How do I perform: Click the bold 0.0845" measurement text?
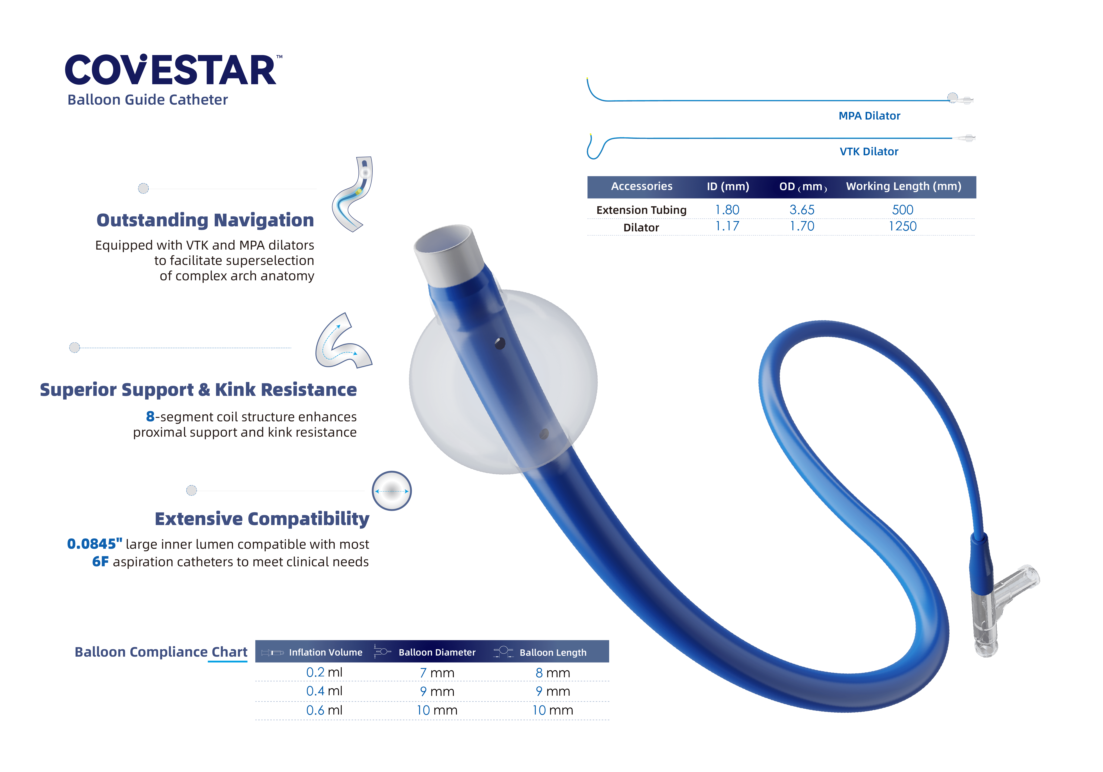pos(95,544)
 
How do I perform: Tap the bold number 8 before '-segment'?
pos(150,416)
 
